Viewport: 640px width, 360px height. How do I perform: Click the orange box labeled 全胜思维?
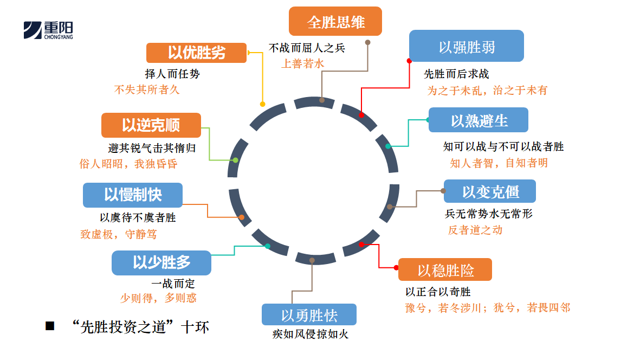coord(335,22)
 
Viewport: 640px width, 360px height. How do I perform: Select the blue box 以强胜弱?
coord(466,46)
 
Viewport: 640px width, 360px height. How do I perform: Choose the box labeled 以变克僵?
coord(490,191)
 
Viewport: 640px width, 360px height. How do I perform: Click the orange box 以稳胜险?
coord(445,269)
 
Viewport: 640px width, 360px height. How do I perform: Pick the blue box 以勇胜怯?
coord(309,314)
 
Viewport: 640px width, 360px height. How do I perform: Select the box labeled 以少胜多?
coord(161,262)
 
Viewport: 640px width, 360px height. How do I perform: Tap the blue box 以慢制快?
coord(132,195)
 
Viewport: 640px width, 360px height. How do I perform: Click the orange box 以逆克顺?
coord(151,125)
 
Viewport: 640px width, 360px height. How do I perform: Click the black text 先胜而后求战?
coord(456,74)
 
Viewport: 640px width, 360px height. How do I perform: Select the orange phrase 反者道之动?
coord(475,230)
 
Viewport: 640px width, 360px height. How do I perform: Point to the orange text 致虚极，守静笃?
coord(119,235)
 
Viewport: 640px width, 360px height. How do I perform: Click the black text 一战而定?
coord(173,284)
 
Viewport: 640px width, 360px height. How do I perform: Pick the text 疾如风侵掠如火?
coord(310,334)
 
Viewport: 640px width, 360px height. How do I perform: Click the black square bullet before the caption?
coord(50,326)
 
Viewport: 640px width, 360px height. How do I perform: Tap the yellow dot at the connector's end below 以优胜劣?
coord(263,104)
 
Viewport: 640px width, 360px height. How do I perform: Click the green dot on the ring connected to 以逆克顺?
coord(235,160)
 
